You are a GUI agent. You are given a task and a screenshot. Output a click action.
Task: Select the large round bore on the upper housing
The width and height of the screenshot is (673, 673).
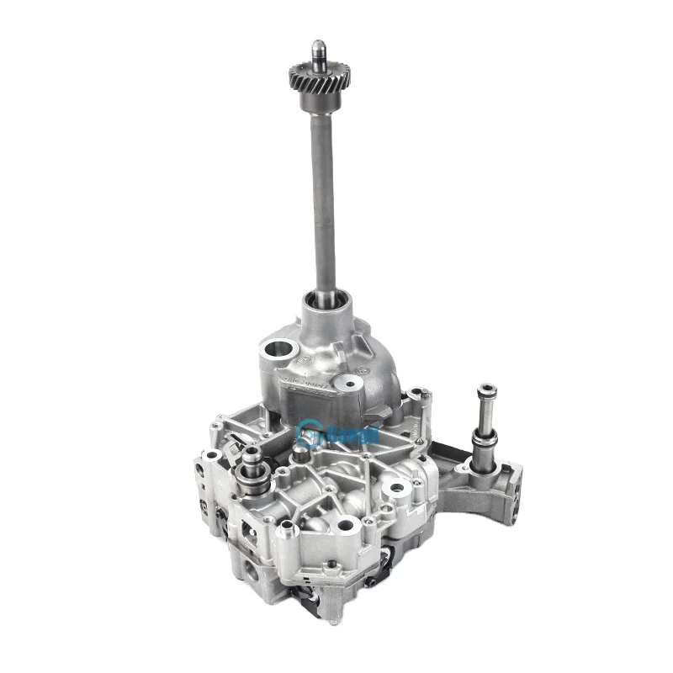coord(275,347)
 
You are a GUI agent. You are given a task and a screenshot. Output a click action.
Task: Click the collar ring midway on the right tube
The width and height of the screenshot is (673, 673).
coord(485,437)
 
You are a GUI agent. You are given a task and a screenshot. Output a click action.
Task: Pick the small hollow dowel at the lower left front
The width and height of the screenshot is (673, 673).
coord(286,528)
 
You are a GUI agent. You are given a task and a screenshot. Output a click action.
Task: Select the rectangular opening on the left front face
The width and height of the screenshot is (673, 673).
coord(250,530)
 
